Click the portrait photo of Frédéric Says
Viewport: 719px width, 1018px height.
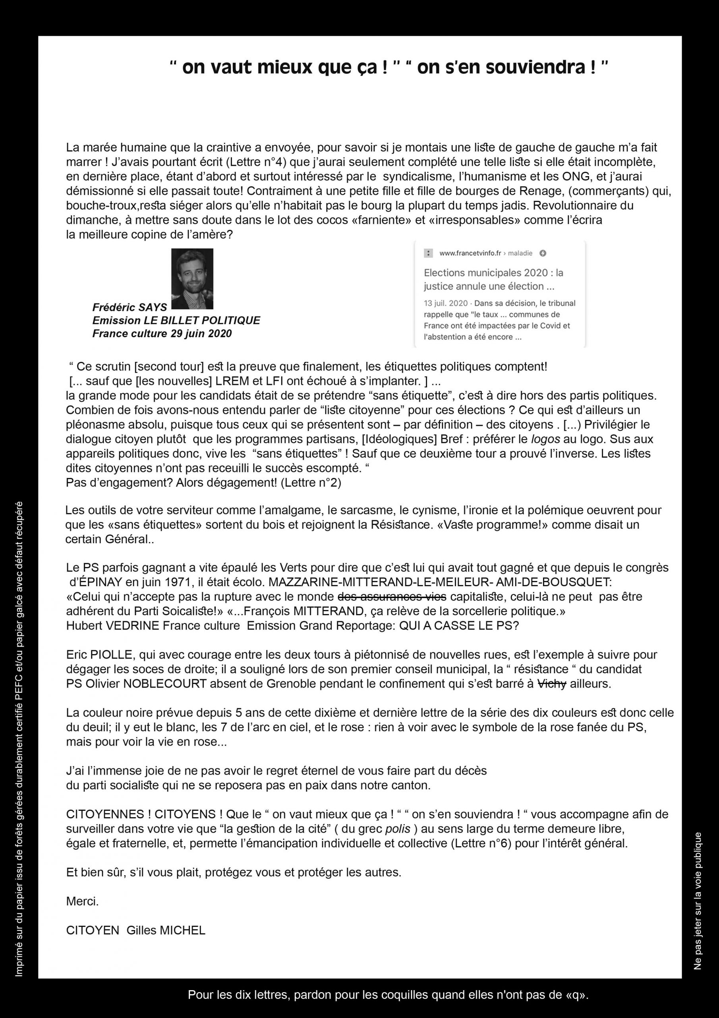coord(192,278)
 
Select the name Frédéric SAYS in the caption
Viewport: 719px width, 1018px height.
coord(129,307)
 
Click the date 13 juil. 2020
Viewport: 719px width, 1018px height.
coord(446,303)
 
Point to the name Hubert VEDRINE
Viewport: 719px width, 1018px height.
coord(112,626)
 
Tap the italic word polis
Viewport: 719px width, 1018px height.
coord(395,829)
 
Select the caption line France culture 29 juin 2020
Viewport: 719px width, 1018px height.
coord(162,333)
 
